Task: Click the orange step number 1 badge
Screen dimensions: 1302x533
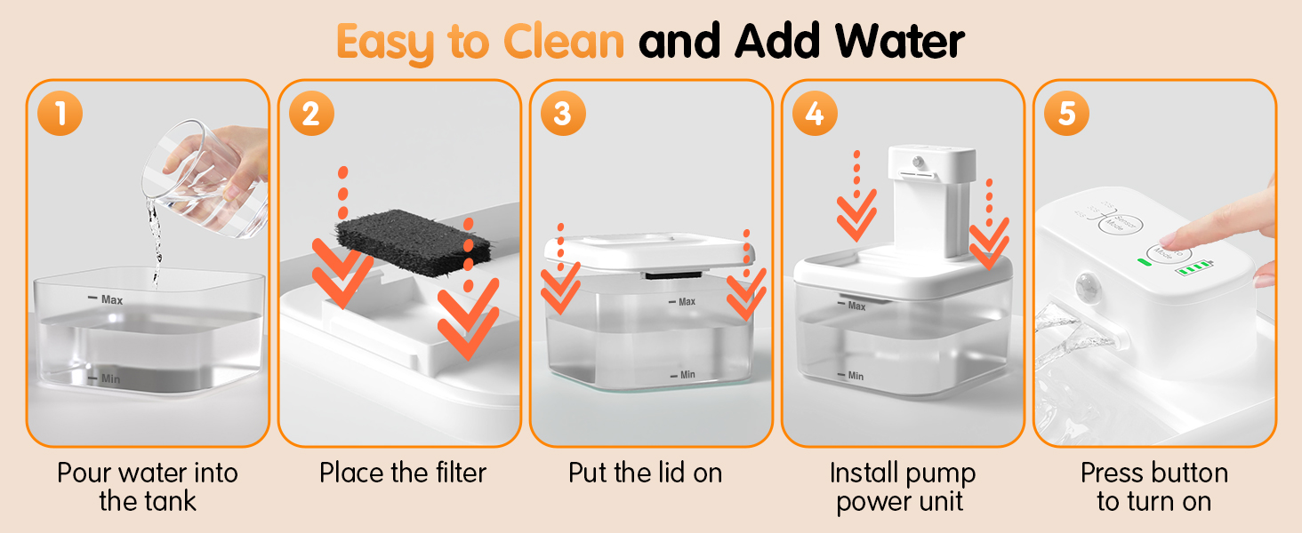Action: tap(60, 113)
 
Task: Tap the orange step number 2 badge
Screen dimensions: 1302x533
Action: tap(311, 113)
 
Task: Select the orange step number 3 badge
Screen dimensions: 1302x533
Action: tap(563, 113)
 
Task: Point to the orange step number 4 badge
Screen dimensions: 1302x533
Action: tap(815, 113)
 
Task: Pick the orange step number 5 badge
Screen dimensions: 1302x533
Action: tap(1066, 113)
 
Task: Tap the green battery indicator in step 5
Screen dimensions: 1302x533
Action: tap(1193, 267)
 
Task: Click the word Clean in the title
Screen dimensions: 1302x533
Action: tap(564, 41)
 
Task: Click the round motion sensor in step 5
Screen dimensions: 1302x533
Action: tap(1086, 286)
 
